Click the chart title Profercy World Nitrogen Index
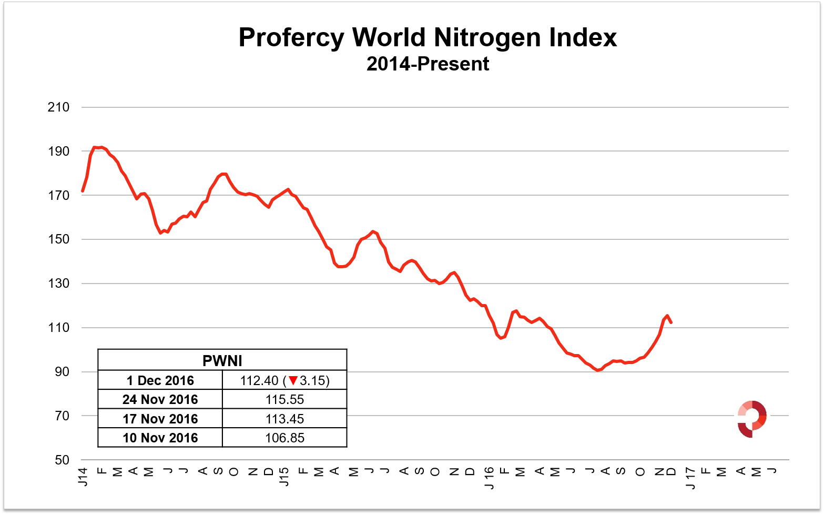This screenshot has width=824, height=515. click(x=428, y=37)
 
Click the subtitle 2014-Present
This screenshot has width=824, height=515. click(x=428, y=64)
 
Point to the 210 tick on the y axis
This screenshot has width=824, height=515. click(x=58, y=107)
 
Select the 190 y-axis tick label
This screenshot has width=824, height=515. click(x=58, y=152)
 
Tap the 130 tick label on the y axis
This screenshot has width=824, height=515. click(x=58, y=284)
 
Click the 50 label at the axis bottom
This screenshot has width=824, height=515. click(x=62, y=460)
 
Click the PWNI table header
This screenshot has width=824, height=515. click(x=222, y=361)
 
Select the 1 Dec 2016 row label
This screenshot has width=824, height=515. click(x=160, y=380)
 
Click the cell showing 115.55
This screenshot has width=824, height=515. click(x=284, y=399)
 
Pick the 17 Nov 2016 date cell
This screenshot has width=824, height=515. click(x=160, y=419)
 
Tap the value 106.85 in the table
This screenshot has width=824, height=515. click(x=284, y=438)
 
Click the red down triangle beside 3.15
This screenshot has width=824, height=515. click(x=293, y=380)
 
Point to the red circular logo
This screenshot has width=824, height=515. click(x=752, y=419)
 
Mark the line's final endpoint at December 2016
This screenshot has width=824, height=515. click(x=671, y=322)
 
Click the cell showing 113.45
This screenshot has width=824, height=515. click(x=284, y=419)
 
